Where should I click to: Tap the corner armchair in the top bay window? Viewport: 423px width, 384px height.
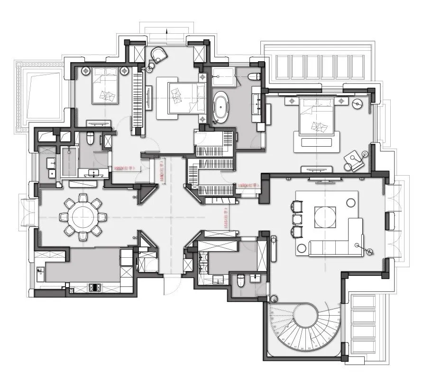(x=159, y=56)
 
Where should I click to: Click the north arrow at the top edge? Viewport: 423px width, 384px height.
(x=167, y=32)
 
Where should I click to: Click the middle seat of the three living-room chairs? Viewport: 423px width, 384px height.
(x=297, y=219)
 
